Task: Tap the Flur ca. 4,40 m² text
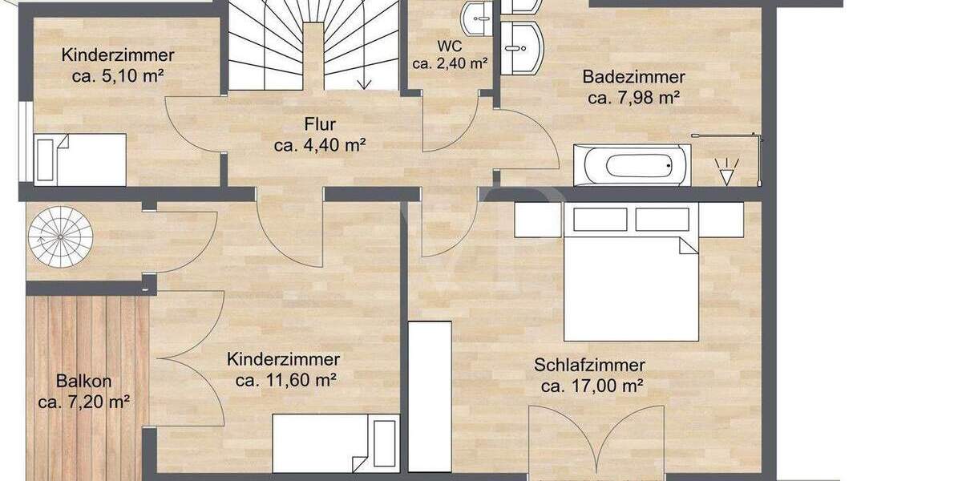[x=319, y=135]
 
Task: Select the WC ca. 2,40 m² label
[x=450, y=55]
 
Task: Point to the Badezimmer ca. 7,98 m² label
[x=633, y=88]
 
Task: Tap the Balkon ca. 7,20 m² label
[x=83, y=391]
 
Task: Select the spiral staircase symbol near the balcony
[x=61, y=237]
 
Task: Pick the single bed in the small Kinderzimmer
[x=80, y=159]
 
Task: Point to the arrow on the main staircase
[x=365, y=80]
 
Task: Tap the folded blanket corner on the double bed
[x=688, y=245]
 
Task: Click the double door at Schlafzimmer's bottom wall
[x=596, y=445]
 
